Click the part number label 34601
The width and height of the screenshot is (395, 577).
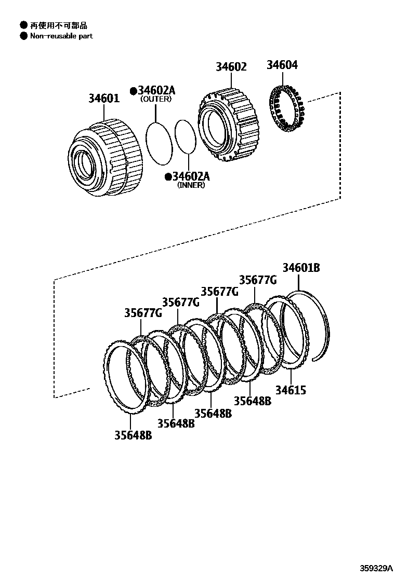[x=103, y=98]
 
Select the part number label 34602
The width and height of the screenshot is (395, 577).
[x=231, y=67]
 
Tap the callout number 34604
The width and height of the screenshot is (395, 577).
[x=282, y=65]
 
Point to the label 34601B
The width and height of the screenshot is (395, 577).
[x=301, y=268]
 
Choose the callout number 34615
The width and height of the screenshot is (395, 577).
[x=291, y=390]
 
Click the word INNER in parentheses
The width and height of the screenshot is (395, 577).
[x=191, y=185]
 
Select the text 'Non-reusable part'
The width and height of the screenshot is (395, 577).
[x=61, y=36]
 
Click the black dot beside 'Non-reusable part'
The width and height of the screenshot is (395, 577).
[x=23, y=36]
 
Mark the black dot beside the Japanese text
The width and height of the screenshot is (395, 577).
[x=23, y=25]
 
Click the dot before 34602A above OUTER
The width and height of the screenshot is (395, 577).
[x=134, y=91]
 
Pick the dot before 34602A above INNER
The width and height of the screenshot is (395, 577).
[x=168, y=177]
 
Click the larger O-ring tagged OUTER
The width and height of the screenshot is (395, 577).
[x=157, y=144]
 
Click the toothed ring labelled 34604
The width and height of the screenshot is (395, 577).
[x=286, y=110]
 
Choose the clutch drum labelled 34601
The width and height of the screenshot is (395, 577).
[x=107, y=158]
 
